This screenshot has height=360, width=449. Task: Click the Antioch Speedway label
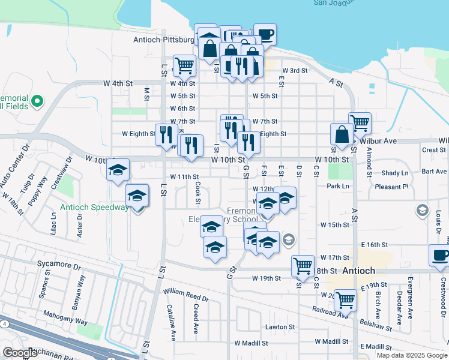[95, 208]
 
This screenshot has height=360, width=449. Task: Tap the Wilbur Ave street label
[378, 141]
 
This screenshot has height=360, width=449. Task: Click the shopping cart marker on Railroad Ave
[345, 299]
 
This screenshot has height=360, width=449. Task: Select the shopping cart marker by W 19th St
[303, 265]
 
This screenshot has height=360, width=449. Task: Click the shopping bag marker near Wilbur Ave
[342, 135]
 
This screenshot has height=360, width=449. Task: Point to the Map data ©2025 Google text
[412, 355]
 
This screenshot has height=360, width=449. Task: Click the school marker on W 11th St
[118, 170]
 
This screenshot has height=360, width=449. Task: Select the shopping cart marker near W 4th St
[184, 65]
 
